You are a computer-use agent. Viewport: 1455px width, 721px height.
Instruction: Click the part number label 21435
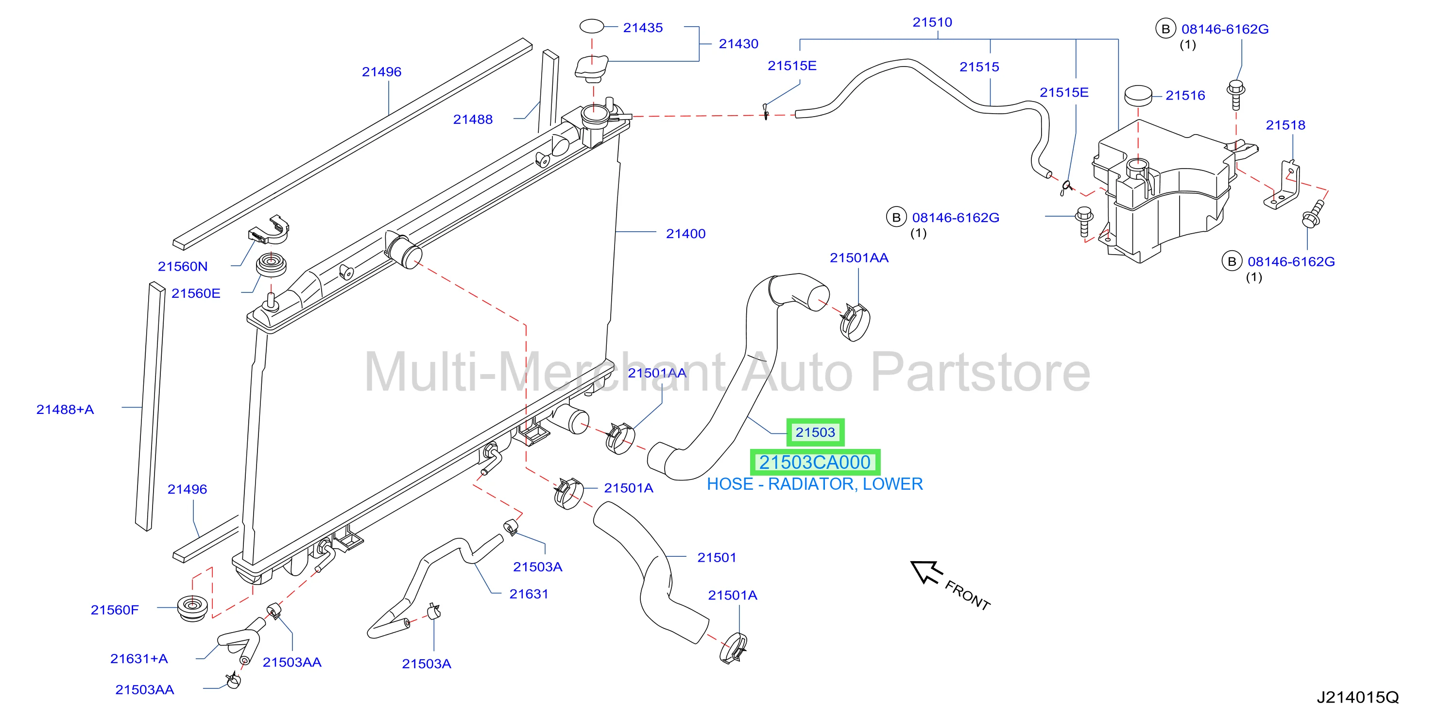click(x=643, y=28)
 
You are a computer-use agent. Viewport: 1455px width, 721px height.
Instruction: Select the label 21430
click(x=738, y=44)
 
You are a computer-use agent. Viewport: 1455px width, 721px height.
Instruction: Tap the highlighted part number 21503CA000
click(x=815, y=462)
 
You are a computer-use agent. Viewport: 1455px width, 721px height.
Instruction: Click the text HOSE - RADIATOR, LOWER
click(x=815, y=484)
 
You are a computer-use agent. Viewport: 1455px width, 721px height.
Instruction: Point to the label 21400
click(x=685, y=233)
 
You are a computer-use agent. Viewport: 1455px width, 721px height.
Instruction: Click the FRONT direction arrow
click(x=925, y=572)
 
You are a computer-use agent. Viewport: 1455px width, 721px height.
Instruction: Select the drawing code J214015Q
click(x=1357, y=697)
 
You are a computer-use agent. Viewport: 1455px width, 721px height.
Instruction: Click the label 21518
click(x=1285, y=125)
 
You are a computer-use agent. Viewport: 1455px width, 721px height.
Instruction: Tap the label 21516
click(x=1185, y=96)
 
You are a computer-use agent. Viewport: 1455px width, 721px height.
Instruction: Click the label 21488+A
click(x=65, y=409)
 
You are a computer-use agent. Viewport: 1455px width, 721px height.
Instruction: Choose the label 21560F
click(x=115, y=610)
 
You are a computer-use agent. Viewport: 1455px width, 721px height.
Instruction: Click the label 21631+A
click(x=139, y=658)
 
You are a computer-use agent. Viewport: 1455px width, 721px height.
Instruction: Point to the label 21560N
click(x=183, y=266)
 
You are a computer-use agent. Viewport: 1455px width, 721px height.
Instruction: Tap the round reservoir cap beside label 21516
click(x=1138, y=96)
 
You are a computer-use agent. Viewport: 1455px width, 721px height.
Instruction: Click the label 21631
click(x=529, y=594)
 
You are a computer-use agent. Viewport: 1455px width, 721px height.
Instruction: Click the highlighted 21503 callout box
click(x=815, y=432)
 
